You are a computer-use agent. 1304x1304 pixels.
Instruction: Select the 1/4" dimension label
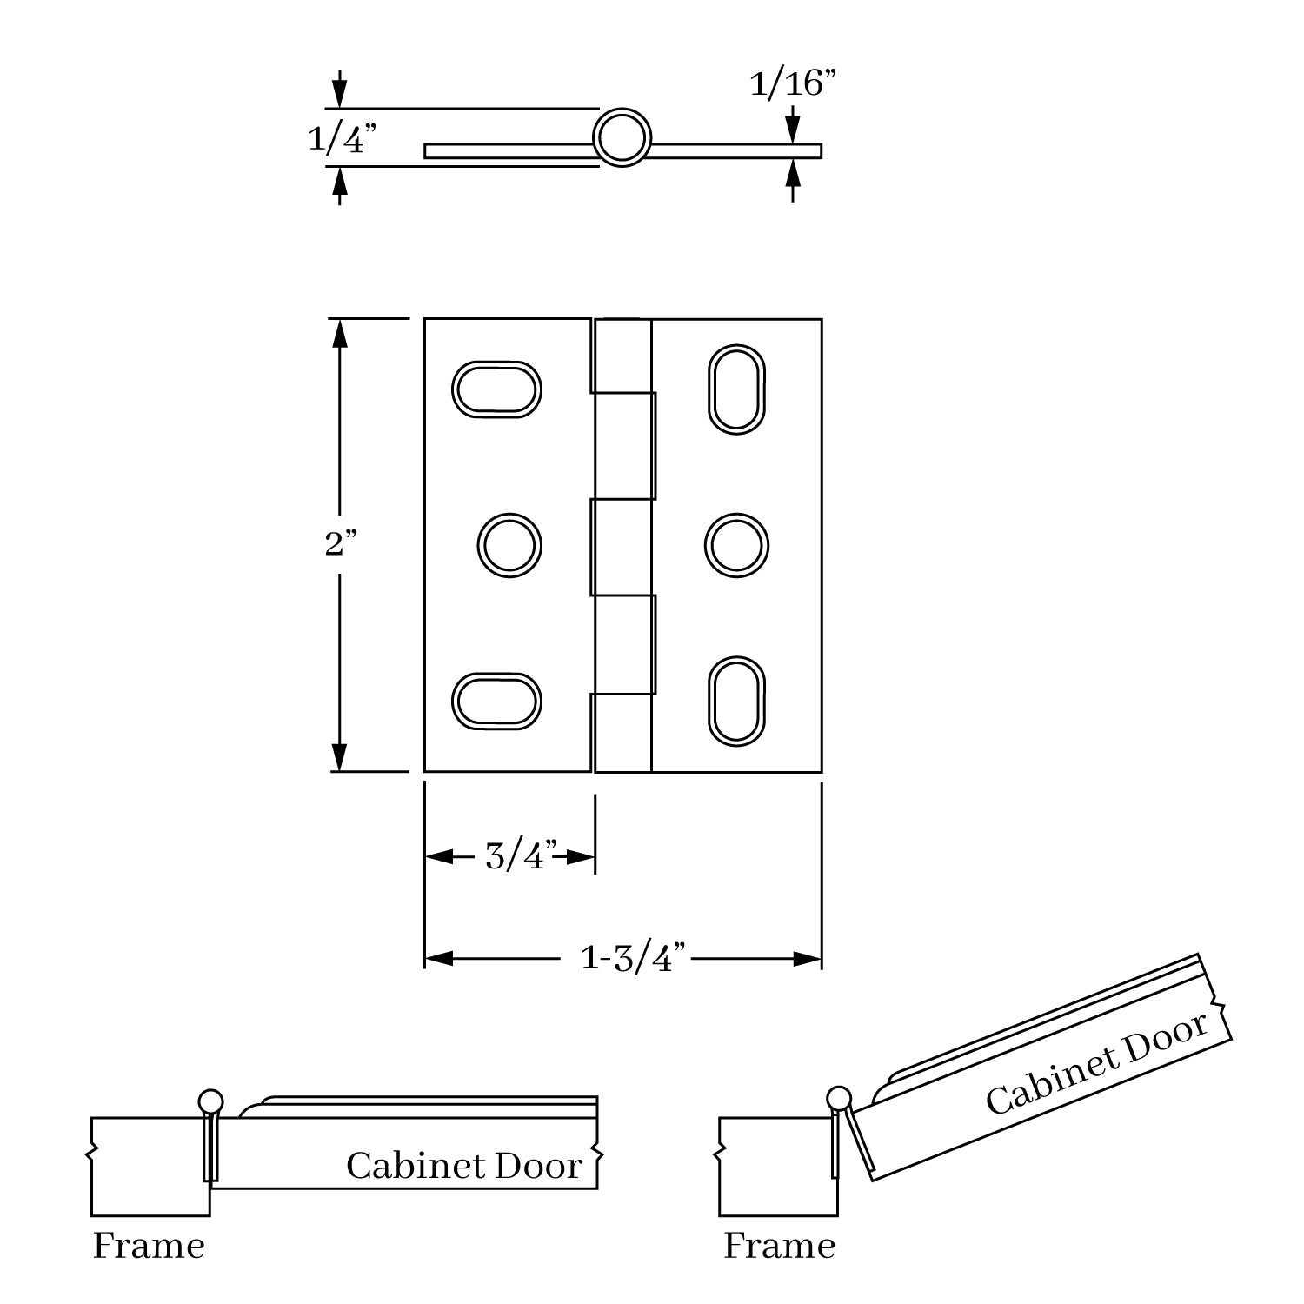click(343, 138)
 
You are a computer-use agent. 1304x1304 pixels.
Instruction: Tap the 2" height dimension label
click(340, 544)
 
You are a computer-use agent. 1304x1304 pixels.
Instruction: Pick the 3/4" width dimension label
click(520, 856)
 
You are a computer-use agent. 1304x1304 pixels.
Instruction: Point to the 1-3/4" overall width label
click(634, 958)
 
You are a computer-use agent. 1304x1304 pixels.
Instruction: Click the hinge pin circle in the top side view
click(622, 137)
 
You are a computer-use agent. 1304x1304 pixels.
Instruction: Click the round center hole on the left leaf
click(509, 546)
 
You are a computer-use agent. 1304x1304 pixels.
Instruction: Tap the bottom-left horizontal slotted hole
click(496, 700)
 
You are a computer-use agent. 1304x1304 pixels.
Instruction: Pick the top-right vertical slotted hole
click(736, 389)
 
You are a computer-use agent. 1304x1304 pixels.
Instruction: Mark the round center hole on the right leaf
click(736, 546)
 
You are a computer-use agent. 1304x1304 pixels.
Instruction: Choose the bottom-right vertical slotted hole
click(736, 701)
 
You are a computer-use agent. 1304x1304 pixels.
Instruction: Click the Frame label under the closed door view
click(149, 1246)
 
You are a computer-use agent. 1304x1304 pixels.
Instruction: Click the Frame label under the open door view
click(779, 1246)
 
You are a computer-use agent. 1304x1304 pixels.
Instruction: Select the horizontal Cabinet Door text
click(463, 1166)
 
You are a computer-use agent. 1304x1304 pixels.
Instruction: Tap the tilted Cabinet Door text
click(1097, 1062)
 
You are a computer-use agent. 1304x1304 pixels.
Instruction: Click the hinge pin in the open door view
click(839, 1098)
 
